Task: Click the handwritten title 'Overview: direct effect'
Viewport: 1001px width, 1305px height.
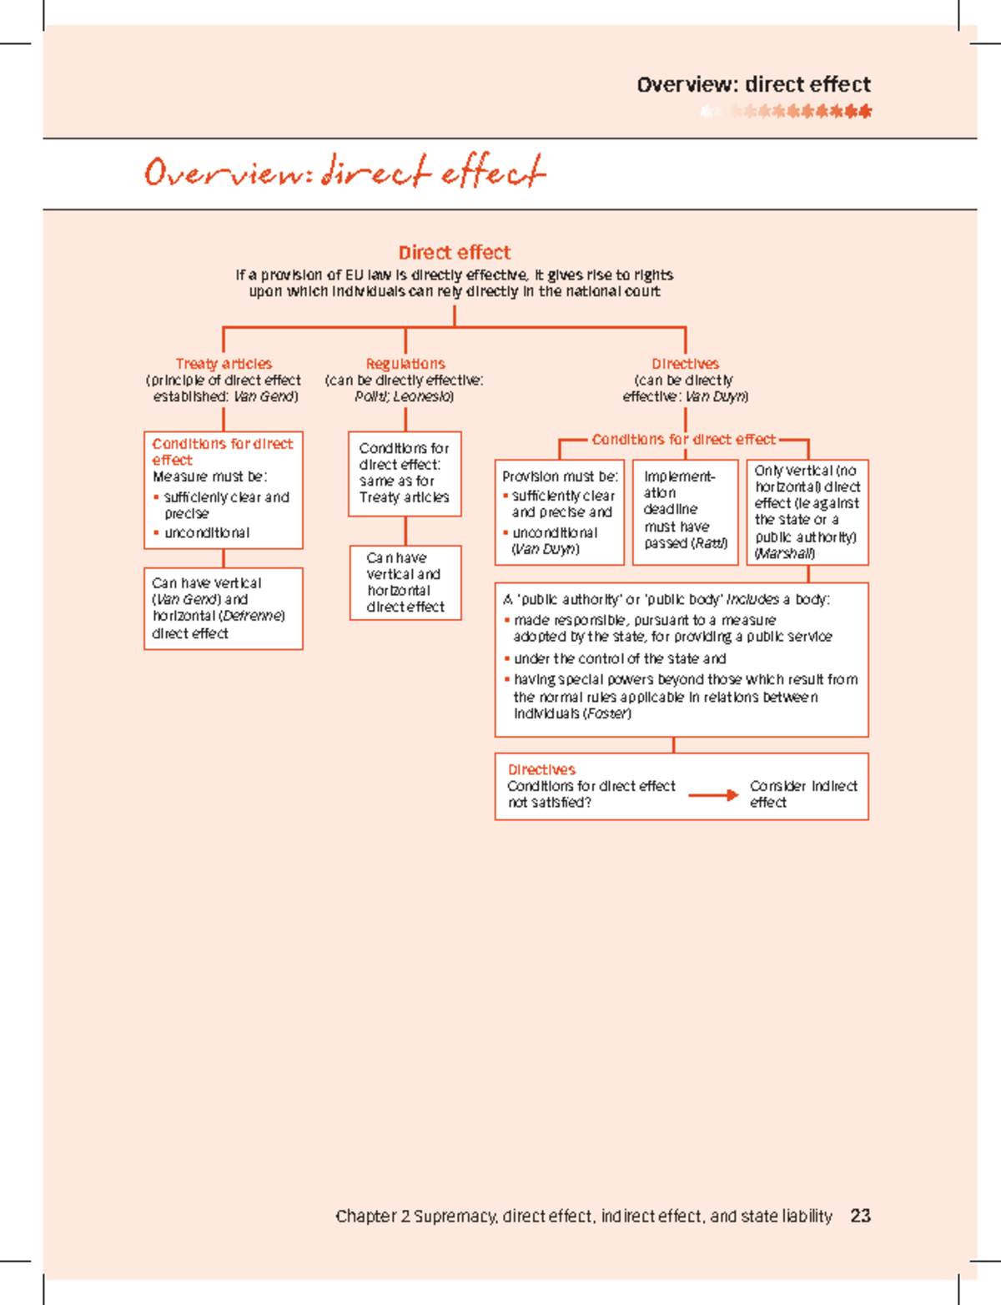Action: [x=345, y=172]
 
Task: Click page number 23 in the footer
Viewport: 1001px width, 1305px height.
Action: [x=860, y=1216]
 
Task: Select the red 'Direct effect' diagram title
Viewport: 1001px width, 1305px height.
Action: [x=454, y=253]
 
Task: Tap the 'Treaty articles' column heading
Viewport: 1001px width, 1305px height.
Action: [x=224, y=364]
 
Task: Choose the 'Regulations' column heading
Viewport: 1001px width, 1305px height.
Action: [x=405, y=364]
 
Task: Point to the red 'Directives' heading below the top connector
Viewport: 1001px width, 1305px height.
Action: [x=685, y=364]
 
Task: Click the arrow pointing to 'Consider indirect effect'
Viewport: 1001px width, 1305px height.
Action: [x=713, y=795]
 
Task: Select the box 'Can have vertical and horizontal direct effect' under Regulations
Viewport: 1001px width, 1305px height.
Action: [x=405, y=582]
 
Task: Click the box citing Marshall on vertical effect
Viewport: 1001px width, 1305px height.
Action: [x=807, y=511]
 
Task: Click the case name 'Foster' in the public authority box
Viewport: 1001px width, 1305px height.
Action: [x=606, y=713]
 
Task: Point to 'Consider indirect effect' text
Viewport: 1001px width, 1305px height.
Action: [x=802, y=794]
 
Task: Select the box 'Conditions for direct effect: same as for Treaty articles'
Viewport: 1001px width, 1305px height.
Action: [x=405, y=473]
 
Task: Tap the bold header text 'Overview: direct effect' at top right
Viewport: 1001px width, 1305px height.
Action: [x=753, y=84]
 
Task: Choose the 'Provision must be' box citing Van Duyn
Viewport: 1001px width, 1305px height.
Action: [x=559, y=512]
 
